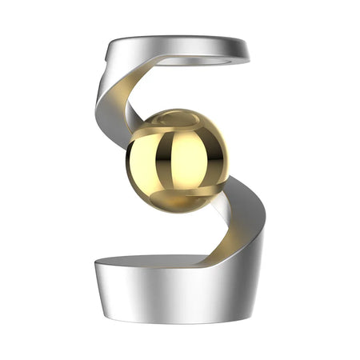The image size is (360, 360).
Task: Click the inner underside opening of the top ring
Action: (x=200, y=57)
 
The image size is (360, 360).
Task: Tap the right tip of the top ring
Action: (x=246, y=50)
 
